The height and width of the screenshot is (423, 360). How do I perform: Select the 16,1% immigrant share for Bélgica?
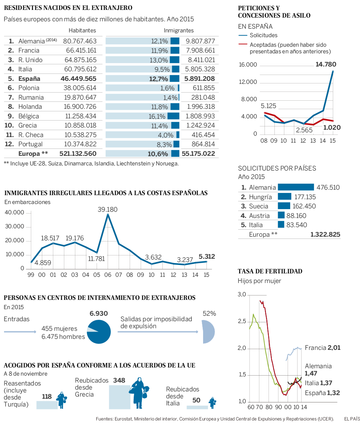156,116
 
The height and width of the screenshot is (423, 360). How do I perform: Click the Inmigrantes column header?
179,31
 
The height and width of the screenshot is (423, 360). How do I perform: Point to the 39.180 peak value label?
107,209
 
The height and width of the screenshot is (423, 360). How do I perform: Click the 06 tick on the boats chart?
108,275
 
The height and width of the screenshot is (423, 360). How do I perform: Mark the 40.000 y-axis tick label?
14,213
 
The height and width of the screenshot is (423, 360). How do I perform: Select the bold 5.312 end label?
207,257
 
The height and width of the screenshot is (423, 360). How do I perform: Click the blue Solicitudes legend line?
242,36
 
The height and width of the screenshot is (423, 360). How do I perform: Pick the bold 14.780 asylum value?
326,65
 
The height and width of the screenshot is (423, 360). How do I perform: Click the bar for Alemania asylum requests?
296,187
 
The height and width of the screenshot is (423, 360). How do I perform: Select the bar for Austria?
281,216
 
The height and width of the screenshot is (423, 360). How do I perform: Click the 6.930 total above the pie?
99,313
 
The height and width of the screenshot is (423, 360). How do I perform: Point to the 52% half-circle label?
209,313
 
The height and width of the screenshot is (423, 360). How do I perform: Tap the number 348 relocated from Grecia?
120,380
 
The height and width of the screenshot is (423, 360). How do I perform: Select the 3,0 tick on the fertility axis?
241,295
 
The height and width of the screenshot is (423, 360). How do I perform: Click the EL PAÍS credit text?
352,419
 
